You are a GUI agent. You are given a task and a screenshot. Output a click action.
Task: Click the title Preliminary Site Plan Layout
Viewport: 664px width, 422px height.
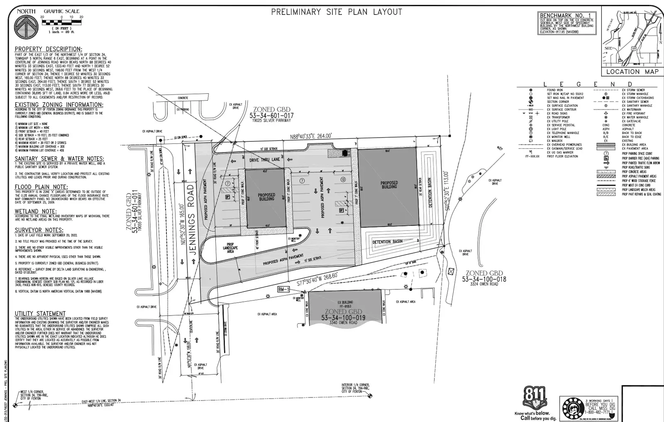click(x=337, y=12)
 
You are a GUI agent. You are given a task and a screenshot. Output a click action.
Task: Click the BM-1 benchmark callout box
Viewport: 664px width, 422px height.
click(x=283, y=289)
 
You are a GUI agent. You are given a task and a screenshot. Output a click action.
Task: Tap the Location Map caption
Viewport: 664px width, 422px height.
click(x=632, y=71)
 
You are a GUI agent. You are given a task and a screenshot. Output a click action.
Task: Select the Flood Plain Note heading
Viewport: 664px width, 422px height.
click(x=41, y=187)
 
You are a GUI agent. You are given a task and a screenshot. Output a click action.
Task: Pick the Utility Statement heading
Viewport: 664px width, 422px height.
click(x=40, y=313)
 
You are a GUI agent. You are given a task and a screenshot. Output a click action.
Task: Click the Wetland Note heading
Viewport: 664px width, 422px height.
click(x=35, y=211)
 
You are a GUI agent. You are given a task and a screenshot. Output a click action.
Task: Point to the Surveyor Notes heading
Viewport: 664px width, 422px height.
click(x=39, y=230)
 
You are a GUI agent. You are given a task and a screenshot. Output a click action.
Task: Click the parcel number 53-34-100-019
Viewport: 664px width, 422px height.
click(x=343, y=318)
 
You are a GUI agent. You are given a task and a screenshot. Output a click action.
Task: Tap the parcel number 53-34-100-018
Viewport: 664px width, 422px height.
click(x=484, y=279)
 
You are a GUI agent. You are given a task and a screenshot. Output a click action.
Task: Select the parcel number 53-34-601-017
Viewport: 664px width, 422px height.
click(x=271, y=116)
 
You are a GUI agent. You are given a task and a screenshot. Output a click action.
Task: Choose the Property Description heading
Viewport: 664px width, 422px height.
click(x=48, y=49)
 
